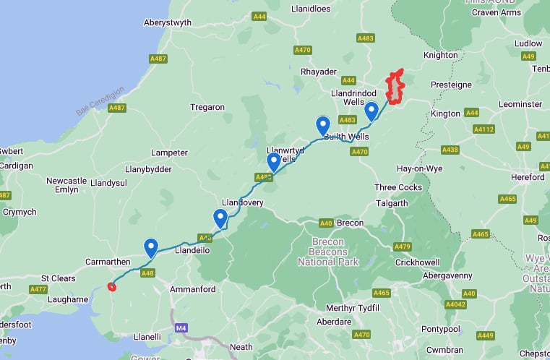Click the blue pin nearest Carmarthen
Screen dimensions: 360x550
pyautogui.click(x=151, y=248)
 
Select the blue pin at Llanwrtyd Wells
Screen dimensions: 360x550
pyautogui.click(x=274, y=162)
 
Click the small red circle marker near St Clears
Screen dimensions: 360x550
pyautogui.click(x=111, y=286)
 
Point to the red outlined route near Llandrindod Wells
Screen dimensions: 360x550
pyautogui.click(x=395, y=87)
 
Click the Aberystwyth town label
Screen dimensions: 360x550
pyautogui.click(x=168, y=22)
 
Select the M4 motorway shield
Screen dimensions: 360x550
pyautogui.click(x=180, y=327)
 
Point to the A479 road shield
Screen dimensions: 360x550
pyautogui.click(x=403, y=247)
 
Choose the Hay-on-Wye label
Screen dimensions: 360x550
pyautogui.click(x=420, y=168)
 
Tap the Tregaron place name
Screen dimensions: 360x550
pyautogui.click(x=207, y=107)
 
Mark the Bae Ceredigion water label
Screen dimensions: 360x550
pyautogui.click(x=100, y=102)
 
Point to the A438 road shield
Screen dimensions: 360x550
pyautogui.click(x=450, y=150)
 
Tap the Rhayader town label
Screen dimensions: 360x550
pyautogui.click(x=319, y=72)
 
